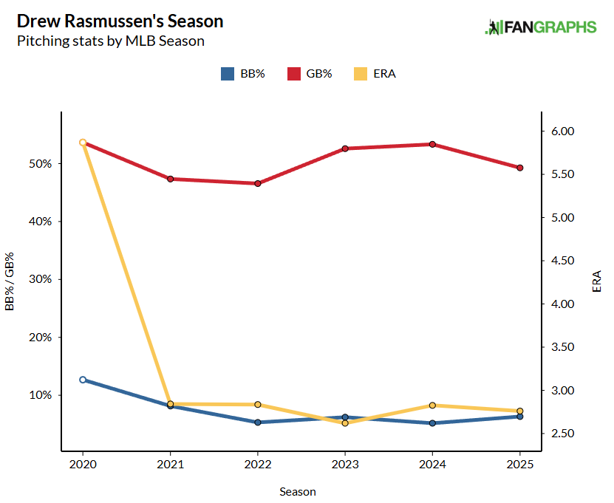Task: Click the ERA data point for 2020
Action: click(83, 143)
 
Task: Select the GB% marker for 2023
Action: click(345, 148)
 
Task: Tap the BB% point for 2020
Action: click(83, 380)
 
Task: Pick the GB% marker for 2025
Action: click(519, 168)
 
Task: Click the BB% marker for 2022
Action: click(257, 422)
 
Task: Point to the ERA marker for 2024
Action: click(432, 406)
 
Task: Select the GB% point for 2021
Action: click(170, 179)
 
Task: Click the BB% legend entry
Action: click(243, 74)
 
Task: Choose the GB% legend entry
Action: click(310, 74)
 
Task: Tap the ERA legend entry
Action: click(374, 74)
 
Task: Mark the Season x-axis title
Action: click(298, 491)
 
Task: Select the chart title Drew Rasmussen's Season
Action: click(120, 21)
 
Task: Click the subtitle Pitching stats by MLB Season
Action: click(110, 41)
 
